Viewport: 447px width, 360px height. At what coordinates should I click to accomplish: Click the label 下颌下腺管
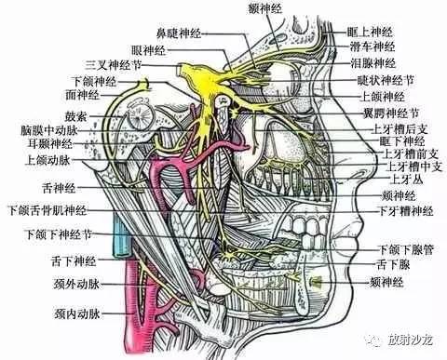click(x=401, y=249)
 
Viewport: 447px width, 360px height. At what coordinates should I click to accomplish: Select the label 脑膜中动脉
click(x=47, y=131)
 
